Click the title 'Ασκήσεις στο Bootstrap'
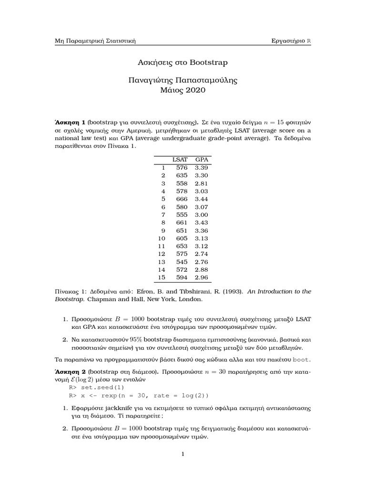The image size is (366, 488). [183, 62]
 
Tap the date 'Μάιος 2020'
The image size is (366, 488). [183, 90]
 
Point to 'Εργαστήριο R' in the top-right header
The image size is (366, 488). [291, 41]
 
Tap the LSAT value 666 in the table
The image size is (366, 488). [182, 199]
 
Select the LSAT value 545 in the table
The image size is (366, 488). [182, 261]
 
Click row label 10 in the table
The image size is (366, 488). [161, 238]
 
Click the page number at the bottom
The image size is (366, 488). [183, 454]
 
